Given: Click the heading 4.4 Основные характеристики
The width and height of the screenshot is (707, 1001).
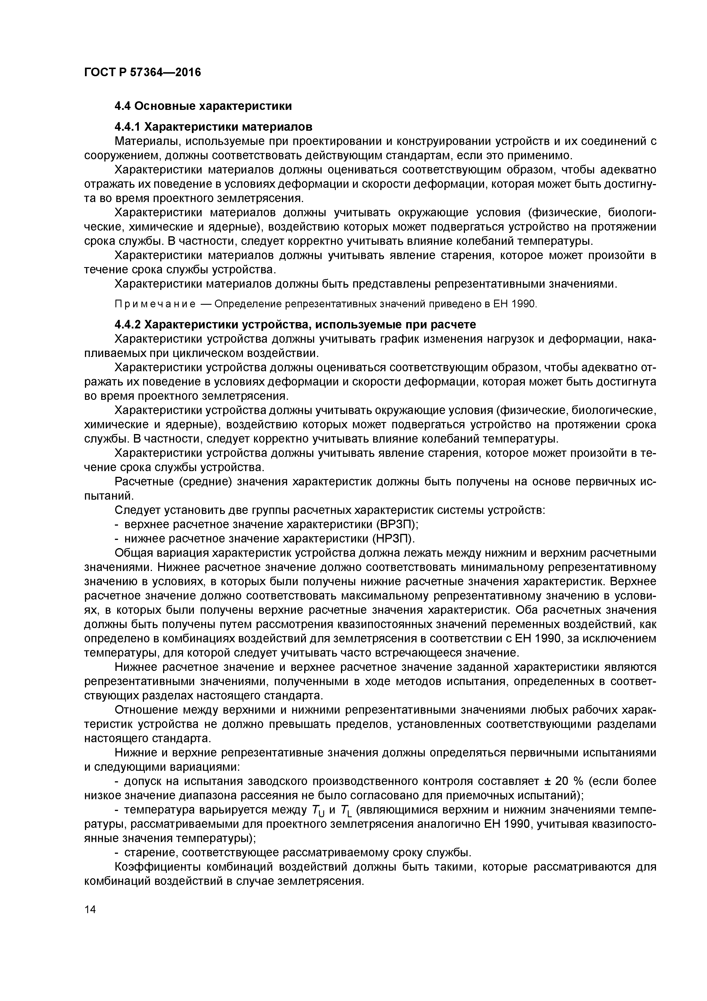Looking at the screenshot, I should click(x=203, y=106).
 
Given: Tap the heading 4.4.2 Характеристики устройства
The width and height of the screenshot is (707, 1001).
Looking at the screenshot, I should click(x=295, y=324).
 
